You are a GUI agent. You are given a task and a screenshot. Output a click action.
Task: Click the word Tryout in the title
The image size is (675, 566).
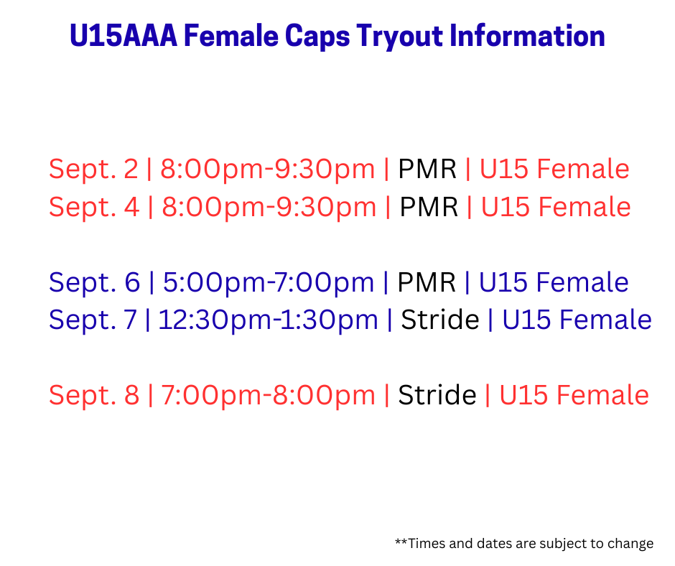pos(399,36)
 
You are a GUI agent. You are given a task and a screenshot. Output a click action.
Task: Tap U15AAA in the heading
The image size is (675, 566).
pos(123,35)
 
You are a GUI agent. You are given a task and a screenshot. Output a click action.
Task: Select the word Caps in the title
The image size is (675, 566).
pos(317,37)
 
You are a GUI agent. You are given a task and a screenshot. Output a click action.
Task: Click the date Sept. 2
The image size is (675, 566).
pos(93,170)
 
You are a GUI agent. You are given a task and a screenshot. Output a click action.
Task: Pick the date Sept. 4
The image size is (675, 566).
pos(94,207)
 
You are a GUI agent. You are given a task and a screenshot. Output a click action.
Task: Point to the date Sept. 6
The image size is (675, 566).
pos(94,283)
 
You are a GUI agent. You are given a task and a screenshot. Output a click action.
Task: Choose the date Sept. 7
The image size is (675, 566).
pos(93,320)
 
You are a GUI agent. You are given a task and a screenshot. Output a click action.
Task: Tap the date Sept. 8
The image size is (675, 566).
pos(94,396)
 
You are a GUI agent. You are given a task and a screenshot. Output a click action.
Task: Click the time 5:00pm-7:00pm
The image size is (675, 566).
pos(268,283)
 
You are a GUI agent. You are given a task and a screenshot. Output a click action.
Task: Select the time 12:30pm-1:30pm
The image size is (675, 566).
pos(268,320)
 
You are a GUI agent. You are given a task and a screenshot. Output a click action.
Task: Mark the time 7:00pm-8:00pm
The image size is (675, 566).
pos(268,396)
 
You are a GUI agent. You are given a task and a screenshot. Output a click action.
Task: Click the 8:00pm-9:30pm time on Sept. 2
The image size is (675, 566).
pos(267,170)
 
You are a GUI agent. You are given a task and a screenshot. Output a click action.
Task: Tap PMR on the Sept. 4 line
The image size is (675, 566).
pos(429,207)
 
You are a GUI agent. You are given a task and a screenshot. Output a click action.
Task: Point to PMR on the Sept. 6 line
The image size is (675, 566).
pos(426,283)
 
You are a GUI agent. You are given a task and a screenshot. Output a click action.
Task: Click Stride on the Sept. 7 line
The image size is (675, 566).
pos(440,320)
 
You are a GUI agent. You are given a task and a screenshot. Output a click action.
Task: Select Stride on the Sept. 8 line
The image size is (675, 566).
pos(437,395)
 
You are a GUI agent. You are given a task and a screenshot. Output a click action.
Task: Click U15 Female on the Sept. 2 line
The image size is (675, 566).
pos(554,169)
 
